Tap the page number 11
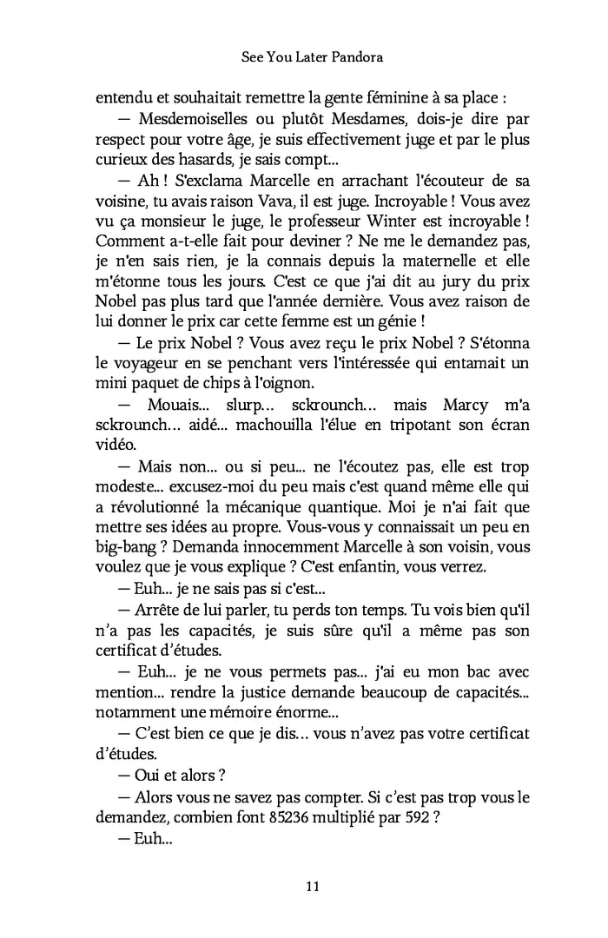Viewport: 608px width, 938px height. pyautogui.click(x=314, y=886)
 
